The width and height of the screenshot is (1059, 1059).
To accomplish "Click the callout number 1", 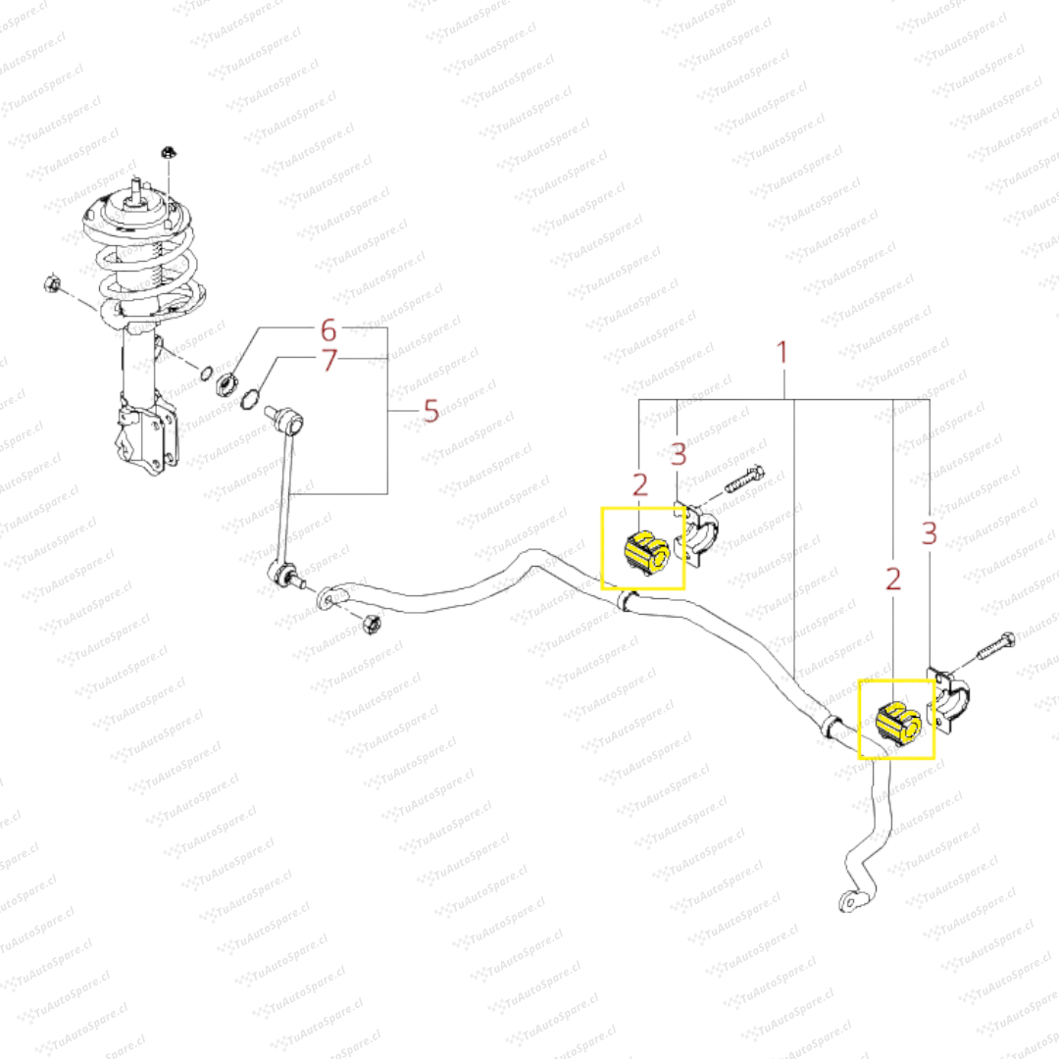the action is click(782, 352).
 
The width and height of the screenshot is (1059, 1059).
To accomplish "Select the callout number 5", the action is click(430, 411).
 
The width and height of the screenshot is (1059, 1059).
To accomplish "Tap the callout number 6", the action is click(328, 330).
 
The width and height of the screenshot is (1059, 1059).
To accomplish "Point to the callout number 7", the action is click(328, 360).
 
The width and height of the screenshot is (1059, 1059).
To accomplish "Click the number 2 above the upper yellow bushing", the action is click(639, 485).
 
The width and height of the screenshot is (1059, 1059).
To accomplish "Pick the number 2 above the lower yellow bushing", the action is click(893, 579).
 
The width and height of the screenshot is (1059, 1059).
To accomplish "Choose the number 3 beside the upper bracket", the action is click(679, 454).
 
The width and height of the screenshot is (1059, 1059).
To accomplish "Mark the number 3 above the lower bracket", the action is click(930, 532).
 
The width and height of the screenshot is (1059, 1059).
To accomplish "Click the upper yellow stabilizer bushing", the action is click(646, 552).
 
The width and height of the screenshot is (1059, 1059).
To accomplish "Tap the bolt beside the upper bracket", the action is click(744, 479).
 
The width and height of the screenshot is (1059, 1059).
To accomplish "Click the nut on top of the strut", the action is click(169, 153).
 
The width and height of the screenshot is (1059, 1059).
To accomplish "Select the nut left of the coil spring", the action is click(52, 283).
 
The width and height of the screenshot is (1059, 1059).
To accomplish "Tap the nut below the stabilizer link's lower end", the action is click(371, 624).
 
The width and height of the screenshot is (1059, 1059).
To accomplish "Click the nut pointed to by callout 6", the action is click(226, 385).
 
